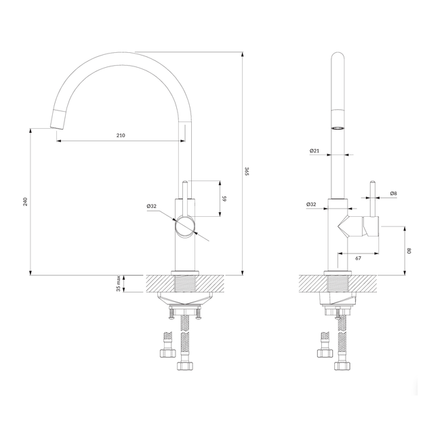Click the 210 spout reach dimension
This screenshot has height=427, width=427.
pos(121,136)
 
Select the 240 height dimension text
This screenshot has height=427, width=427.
pos(25,201)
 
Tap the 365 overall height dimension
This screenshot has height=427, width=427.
pos(247,171)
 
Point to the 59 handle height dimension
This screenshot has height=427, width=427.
pos(224,198)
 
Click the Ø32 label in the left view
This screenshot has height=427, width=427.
pos(152,206)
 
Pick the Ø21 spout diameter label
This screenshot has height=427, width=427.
pos(314,150)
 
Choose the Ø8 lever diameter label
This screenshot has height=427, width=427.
pos(394,193)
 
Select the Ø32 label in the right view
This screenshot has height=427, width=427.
pos(311,204)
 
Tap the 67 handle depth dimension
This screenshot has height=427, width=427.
pos(358,258)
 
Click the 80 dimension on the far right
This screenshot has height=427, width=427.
pos(409,251)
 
